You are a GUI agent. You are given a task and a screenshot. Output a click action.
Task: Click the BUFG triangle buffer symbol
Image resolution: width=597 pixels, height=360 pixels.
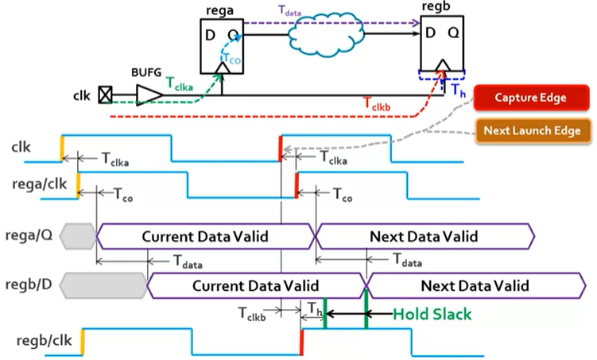(x=149, y=95)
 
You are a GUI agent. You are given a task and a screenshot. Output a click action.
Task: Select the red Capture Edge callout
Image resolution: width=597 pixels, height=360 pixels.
(x=530, y=98)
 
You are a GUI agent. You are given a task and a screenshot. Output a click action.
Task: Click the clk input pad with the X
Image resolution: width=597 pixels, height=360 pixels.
(x=104, y=96)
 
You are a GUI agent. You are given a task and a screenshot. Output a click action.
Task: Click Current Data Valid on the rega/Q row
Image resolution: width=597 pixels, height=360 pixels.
(x=205, y=236)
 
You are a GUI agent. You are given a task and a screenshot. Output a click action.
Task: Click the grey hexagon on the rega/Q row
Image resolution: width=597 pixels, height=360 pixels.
(x=76, y=236)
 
